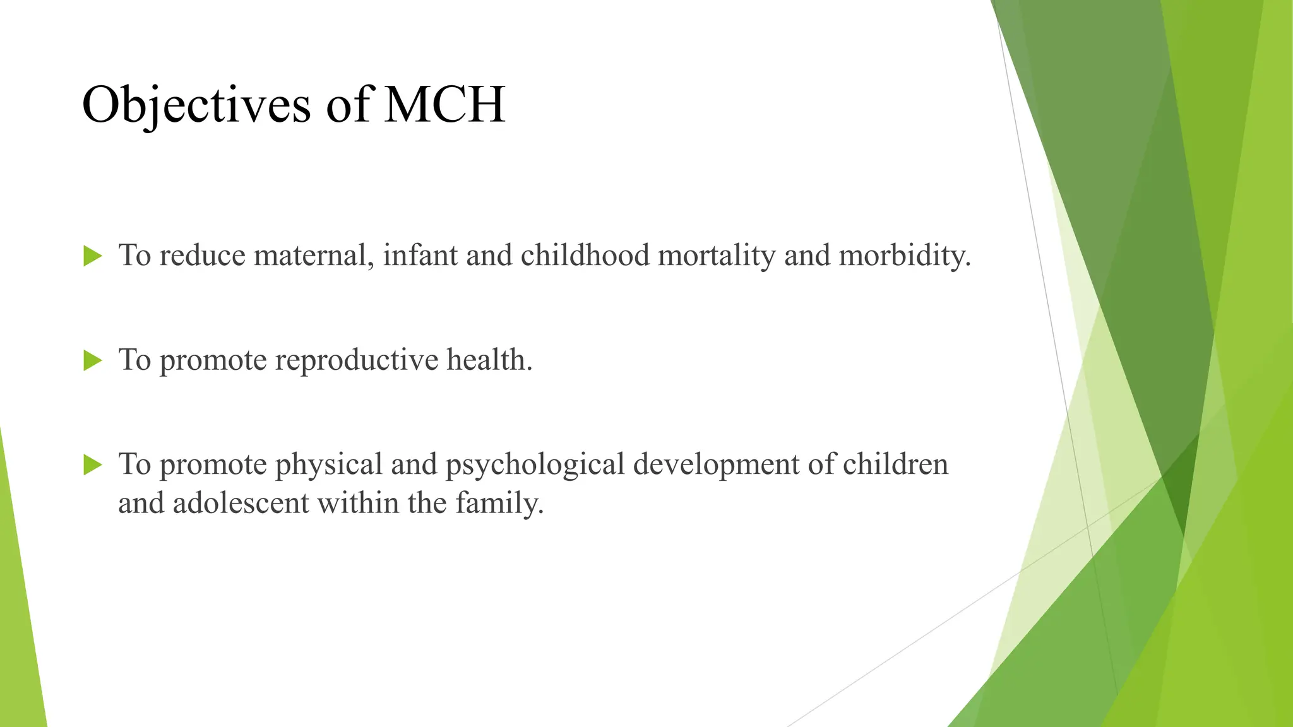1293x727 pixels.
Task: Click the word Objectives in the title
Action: pos(196,105)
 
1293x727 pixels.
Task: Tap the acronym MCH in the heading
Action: pos(444,105)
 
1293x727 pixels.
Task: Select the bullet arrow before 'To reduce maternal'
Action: pos(92,256)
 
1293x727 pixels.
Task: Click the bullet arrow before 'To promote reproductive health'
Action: pos(92,361)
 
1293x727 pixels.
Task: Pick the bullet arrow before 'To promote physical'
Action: pos(92,466)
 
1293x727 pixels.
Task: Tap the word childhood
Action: pos(585,256)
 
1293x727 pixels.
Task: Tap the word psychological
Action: pos(535,465)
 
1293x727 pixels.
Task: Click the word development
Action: pos(716,465)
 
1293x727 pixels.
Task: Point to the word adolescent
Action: pos(241,504)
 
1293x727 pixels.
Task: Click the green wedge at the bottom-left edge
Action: pos(19,631)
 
